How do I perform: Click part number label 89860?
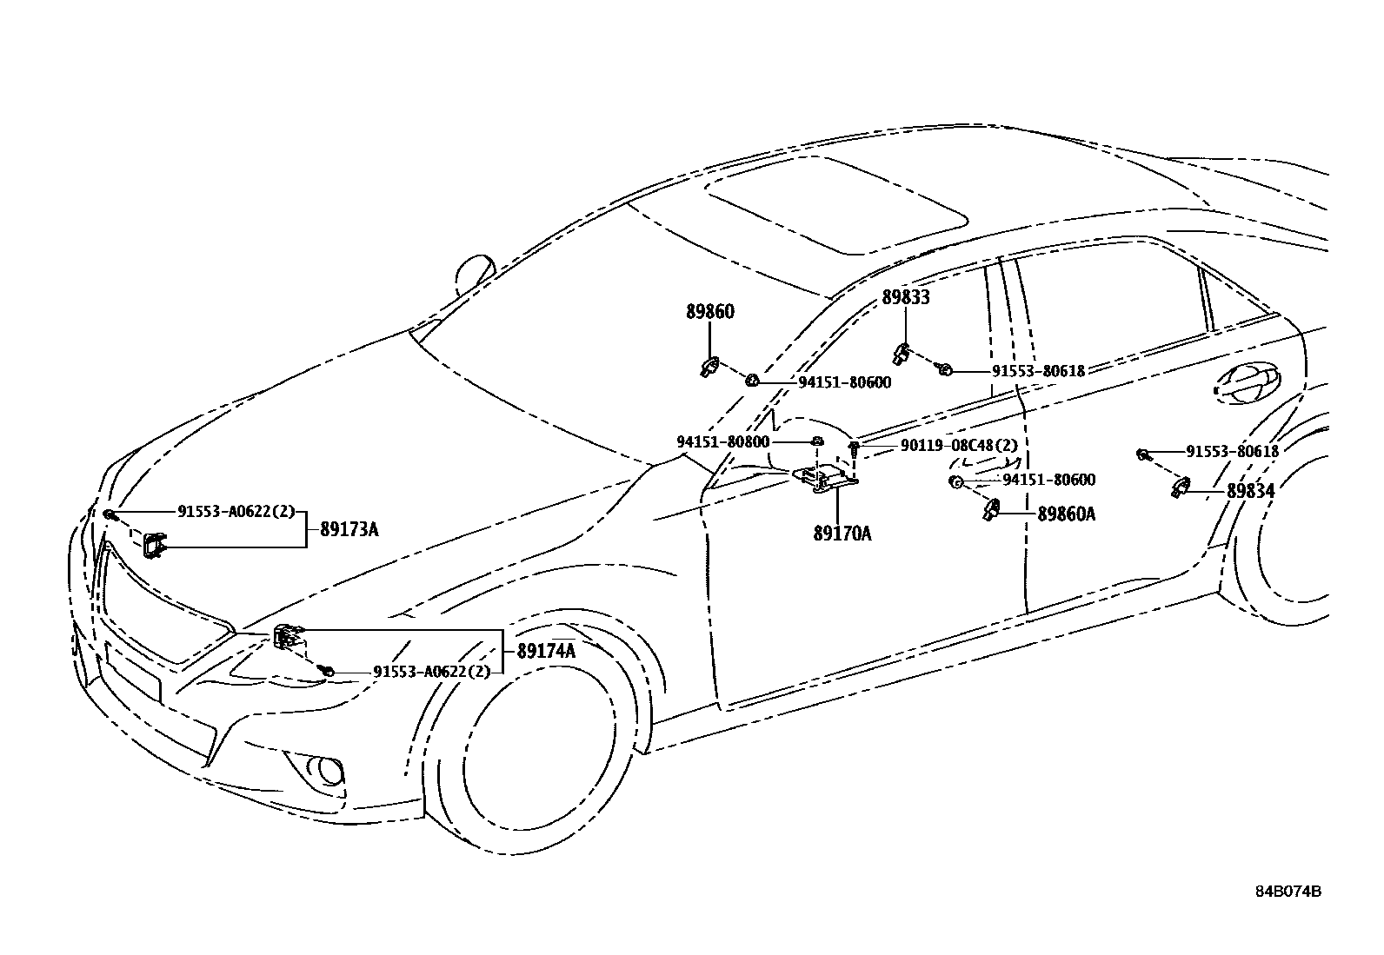tap(709, 312)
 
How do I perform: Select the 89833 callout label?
tap(906, 298)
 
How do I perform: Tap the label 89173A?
tap(349, 529)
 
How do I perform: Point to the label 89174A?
tap(546, 651)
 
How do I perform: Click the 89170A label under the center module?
tap(842, 534)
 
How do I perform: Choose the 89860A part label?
tap(1067, 514)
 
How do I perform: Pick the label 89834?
tap(1250, 491)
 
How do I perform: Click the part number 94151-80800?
tap(722, 441)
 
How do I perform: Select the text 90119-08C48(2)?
tap(959, 446)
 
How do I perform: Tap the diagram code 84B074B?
tap(1288, 892)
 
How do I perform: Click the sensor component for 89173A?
tap(156, 545)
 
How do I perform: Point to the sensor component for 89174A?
tap(288, 637)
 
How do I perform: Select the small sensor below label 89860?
tap(709, 368)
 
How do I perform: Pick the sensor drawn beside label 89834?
tap(1181, 487)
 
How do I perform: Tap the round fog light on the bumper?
tap(328, 769)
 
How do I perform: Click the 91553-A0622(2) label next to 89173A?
tap(236, 512)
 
